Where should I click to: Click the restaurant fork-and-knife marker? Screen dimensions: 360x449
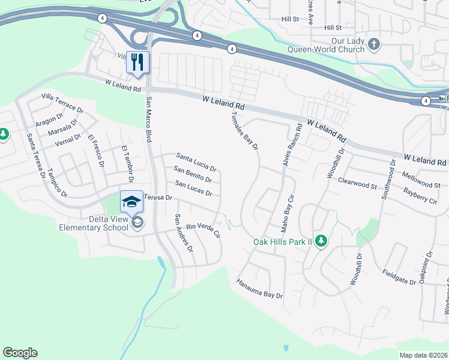tap(137, 62)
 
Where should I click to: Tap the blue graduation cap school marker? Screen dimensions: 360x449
tap(132, 202)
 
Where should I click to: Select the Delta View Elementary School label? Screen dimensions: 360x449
tap(94, 223)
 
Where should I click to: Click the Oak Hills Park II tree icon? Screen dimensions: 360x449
tap(321, 241)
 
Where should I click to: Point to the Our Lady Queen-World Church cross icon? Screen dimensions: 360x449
tap(374, 44)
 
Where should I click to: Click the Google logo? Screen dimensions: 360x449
tap(20, 353)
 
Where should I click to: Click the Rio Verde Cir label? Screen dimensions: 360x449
tap(204, 230)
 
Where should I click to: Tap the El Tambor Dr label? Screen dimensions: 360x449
tap(126, 161)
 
